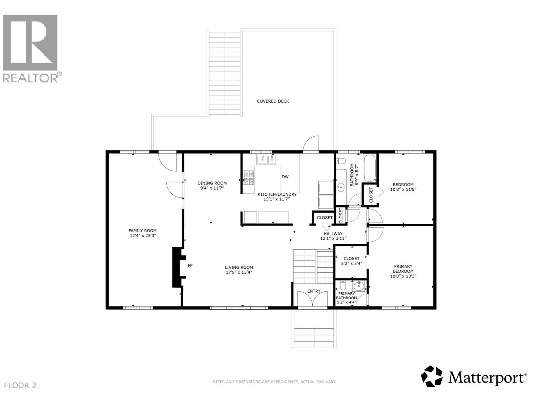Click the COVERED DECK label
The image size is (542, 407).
tap(273, 101)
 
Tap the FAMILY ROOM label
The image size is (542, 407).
tap(143, 231)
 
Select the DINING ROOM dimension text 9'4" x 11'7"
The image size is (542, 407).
tap(212, 188)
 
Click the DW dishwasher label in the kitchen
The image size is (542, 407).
tap(285, 177)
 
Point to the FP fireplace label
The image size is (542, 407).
tap(190, 266)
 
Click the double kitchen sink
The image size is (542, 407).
tap(267, 159)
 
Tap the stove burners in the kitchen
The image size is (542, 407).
tap(249, 178)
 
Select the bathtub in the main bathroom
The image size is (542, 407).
tap(370, 168)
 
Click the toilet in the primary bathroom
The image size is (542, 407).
tap(342, 285)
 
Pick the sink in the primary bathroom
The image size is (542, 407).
tap(358, 287)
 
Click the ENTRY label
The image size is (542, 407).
tap(314, 291)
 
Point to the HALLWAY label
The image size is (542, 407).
tap(333, 234)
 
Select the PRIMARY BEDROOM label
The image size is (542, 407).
tap(403, 269)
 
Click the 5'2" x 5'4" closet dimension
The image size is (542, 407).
tap(351, 264)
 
